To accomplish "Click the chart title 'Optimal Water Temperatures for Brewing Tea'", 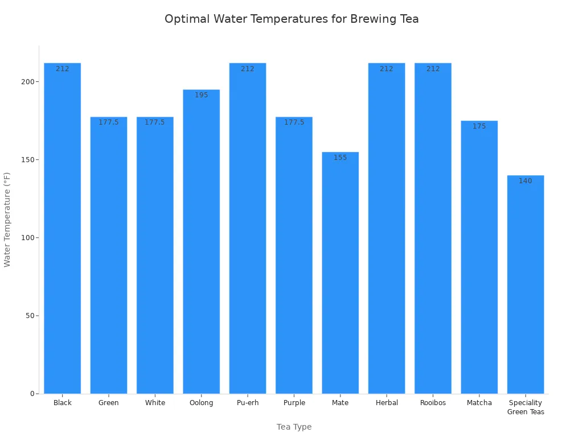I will [291, 19].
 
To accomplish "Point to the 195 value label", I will [201, 95].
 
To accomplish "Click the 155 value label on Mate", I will [340, 158].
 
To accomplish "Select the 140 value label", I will [525, 181].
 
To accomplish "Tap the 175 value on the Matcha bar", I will [479, 126].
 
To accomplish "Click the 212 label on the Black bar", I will [62, 69].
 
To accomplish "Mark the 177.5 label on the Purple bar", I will [294, 122].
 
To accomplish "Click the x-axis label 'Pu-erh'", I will [248, 403].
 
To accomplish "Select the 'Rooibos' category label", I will [433, 403].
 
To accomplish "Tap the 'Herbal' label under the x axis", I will [387, 403].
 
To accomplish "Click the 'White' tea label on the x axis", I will [155, 403].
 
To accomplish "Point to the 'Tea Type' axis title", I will [294, 427].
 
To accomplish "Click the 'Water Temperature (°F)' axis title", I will [7, 220].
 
